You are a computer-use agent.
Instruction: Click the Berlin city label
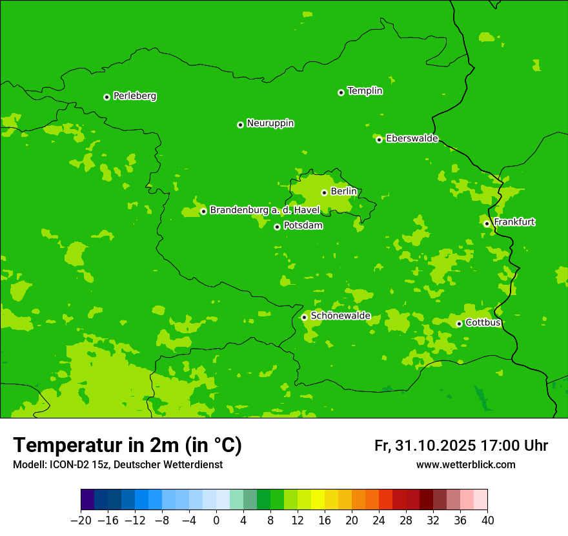coord(343,192)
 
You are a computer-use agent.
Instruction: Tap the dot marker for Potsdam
coord(277,227)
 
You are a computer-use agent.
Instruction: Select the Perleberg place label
coord(134,96)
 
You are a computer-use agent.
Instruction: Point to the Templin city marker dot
coord(341,92)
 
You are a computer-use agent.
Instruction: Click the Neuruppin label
coord(270,123)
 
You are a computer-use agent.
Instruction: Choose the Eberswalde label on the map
coord(412,139)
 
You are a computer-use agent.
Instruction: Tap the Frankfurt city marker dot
coord(487,224)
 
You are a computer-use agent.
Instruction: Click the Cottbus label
coord(483,323)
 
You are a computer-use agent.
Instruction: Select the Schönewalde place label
coord(340,316)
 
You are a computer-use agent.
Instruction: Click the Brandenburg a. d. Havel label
coord(265,211)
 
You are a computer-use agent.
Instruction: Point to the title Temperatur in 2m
coord(127,446)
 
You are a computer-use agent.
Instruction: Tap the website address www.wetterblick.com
coord(465,465)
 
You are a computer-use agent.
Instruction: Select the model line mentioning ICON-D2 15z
coord(117,465)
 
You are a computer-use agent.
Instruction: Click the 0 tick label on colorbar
coord(216,521)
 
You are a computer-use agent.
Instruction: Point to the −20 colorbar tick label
coord(81,521)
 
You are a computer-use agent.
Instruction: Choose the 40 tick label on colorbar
coord(487,521)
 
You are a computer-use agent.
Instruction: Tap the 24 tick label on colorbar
coord(379,521)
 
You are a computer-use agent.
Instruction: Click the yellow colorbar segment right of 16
coord(331,500)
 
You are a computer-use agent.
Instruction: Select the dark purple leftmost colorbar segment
coord(87,500)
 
